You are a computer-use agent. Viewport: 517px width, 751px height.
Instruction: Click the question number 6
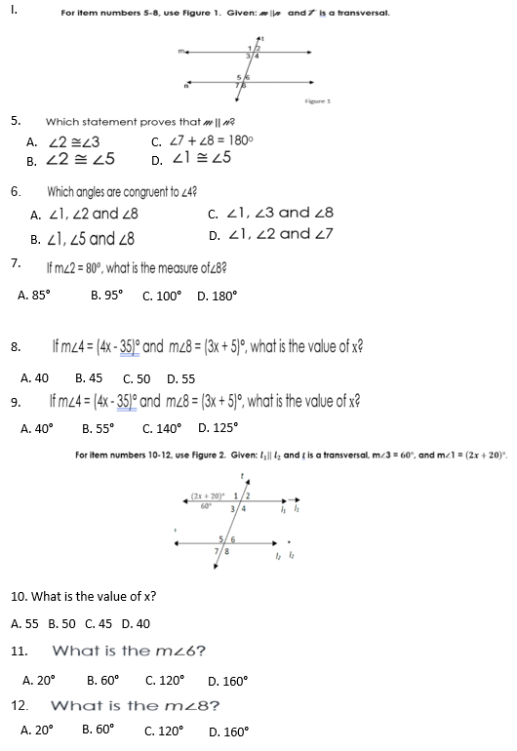pyautogui.click(x=16, y=192)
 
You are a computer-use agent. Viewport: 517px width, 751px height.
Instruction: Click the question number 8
pyautogui.click(x=16, y=346)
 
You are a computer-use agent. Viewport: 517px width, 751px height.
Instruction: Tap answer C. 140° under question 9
pyautogui.click(x=162, y=427)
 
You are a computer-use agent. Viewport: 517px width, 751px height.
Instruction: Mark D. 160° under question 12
pyautogui.click(x=228, y=730)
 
